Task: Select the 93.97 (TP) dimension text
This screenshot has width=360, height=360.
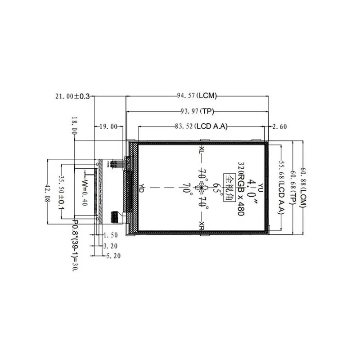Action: tap(197, 111)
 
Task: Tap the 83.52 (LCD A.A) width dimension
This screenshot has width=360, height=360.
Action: tap(201, 126)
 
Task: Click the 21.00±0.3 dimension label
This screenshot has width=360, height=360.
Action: tap(72, 96)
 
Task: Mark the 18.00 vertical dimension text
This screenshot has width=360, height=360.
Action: tap(74, 126)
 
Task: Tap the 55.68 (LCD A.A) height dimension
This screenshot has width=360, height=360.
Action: tap(282, 187)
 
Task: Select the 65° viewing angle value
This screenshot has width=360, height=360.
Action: tap(216, 188)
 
